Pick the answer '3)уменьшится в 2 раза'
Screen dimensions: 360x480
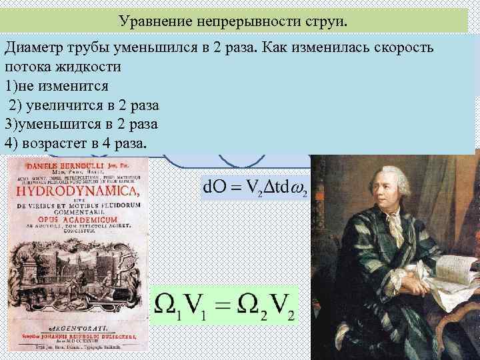[81, 124]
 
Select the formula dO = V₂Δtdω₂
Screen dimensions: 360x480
[254, 185]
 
